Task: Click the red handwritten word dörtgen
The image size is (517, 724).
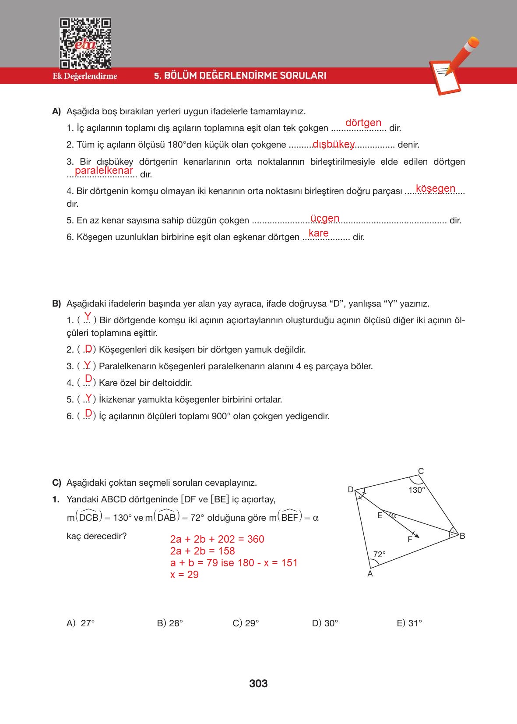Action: [363, 123]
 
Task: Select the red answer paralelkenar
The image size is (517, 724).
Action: [104, 170]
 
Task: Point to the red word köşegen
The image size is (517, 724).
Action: [435, 189]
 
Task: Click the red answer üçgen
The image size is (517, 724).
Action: [324, 218]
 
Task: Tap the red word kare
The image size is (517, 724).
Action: [318, 233]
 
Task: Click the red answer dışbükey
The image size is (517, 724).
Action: [334, 144]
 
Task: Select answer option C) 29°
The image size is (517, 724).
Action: [246, 623]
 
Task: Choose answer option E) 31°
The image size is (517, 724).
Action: [409, 623]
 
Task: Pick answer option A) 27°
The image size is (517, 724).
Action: [81, 623]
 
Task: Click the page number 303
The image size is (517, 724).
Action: [258, 684]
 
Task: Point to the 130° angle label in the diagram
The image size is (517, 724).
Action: [416, 490]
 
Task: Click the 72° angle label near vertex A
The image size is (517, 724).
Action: [380, 554]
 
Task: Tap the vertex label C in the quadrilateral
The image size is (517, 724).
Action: [421, 471]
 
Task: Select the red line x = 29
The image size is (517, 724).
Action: [184, 575]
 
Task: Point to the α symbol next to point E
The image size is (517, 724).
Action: [393, 516]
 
